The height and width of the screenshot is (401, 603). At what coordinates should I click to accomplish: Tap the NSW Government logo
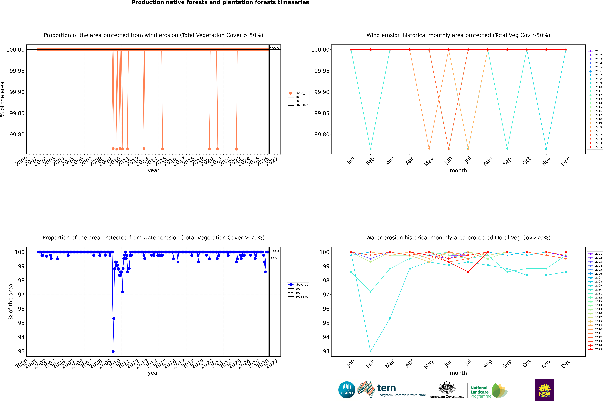point(544,390)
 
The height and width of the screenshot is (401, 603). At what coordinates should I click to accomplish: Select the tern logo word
point(387,388)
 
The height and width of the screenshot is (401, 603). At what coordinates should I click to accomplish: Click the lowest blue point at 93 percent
point(113,351)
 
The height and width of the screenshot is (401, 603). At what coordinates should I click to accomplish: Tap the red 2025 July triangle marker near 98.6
point(468,272)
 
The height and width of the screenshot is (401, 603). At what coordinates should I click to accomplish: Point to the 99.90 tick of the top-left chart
point(17,92)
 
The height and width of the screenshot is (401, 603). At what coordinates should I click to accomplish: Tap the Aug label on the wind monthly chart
point(488,161)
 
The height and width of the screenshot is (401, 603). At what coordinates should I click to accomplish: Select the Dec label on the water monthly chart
point(566,364)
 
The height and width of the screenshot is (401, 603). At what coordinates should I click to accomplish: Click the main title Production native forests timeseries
point(220,3)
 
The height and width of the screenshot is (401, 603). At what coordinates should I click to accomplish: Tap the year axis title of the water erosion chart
point(153,373)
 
